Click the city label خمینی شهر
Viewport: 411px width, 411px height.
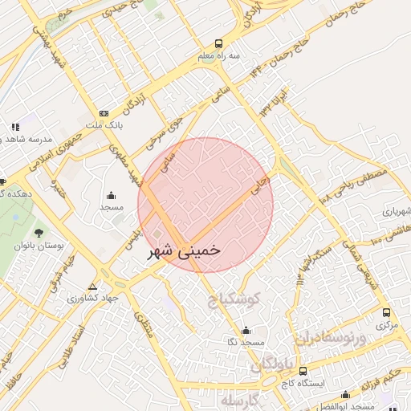tap(184, 251)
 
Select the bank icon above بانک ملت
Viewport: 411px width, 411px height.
tap(104, 114)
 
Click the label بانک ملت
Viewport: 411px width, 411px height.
tap(104, 126)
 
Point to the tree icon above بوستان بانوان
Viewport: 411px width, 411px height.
tap(39, 233)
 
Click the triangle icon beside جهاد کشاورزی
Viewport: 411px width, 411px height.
tap(93, 287)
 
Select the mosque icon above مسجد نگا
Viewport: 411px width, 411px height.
tap(246, 331)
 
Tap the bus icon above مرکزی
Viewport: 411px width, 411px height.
tap(387, 313)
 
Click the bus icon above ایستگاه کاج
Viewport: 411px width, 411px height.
tap(303, 371)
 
